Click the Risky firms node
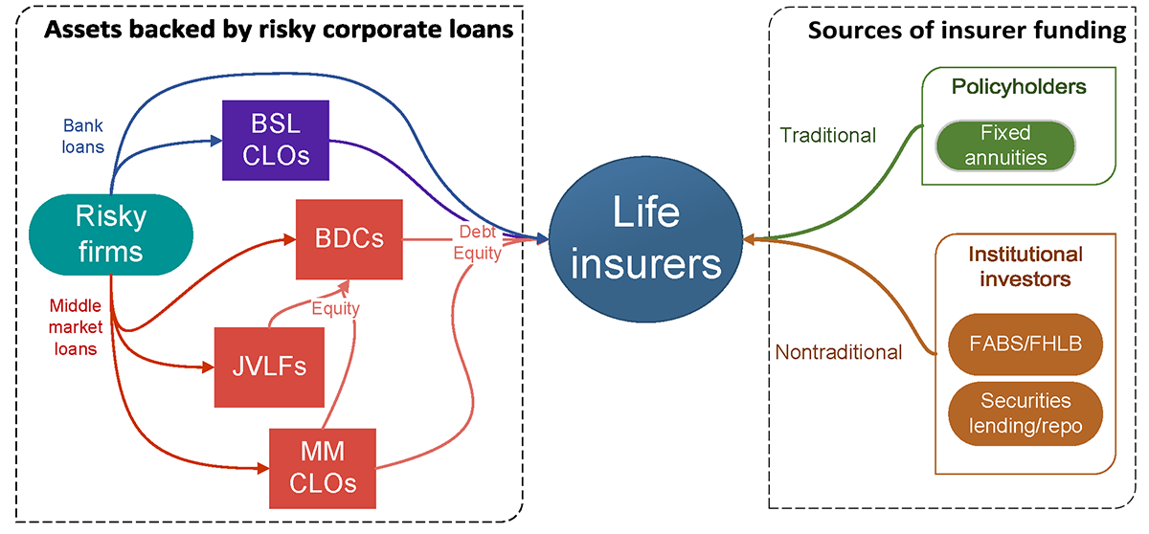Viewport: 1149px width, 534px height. pyautogui.click(x=111, y=233)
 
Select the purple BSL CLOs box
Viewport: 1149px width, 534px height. pyautogui.click(x=275, y=140)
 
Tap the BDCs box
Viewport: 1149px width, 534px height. pyautogui.click(x=349, y=237)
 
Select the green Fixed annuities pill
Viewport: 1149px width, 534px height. pyautogui.click(x=1006, y=145)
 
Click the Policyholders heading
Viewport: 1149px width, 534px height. pyautogui.click(x=1019, y=87)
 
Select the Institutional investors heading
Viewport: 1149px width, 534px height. pyautogui.click(x=1025, y=267)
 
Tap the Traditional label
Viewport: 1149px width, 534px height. pyautogui.click(x=827, y=136)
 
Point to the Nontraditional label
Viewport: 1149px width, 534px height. pyautogui.click(x=838, y=352)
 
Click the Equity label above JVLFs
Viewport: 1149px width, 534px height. pyautogui.click(x=335, y=309)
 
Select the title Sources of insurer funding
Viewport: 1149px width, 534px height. pyautogui.click(x=966, y=30)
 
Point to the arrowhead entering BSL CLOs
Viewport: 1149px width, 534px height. pyautogui.click(x=216, y=141)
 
